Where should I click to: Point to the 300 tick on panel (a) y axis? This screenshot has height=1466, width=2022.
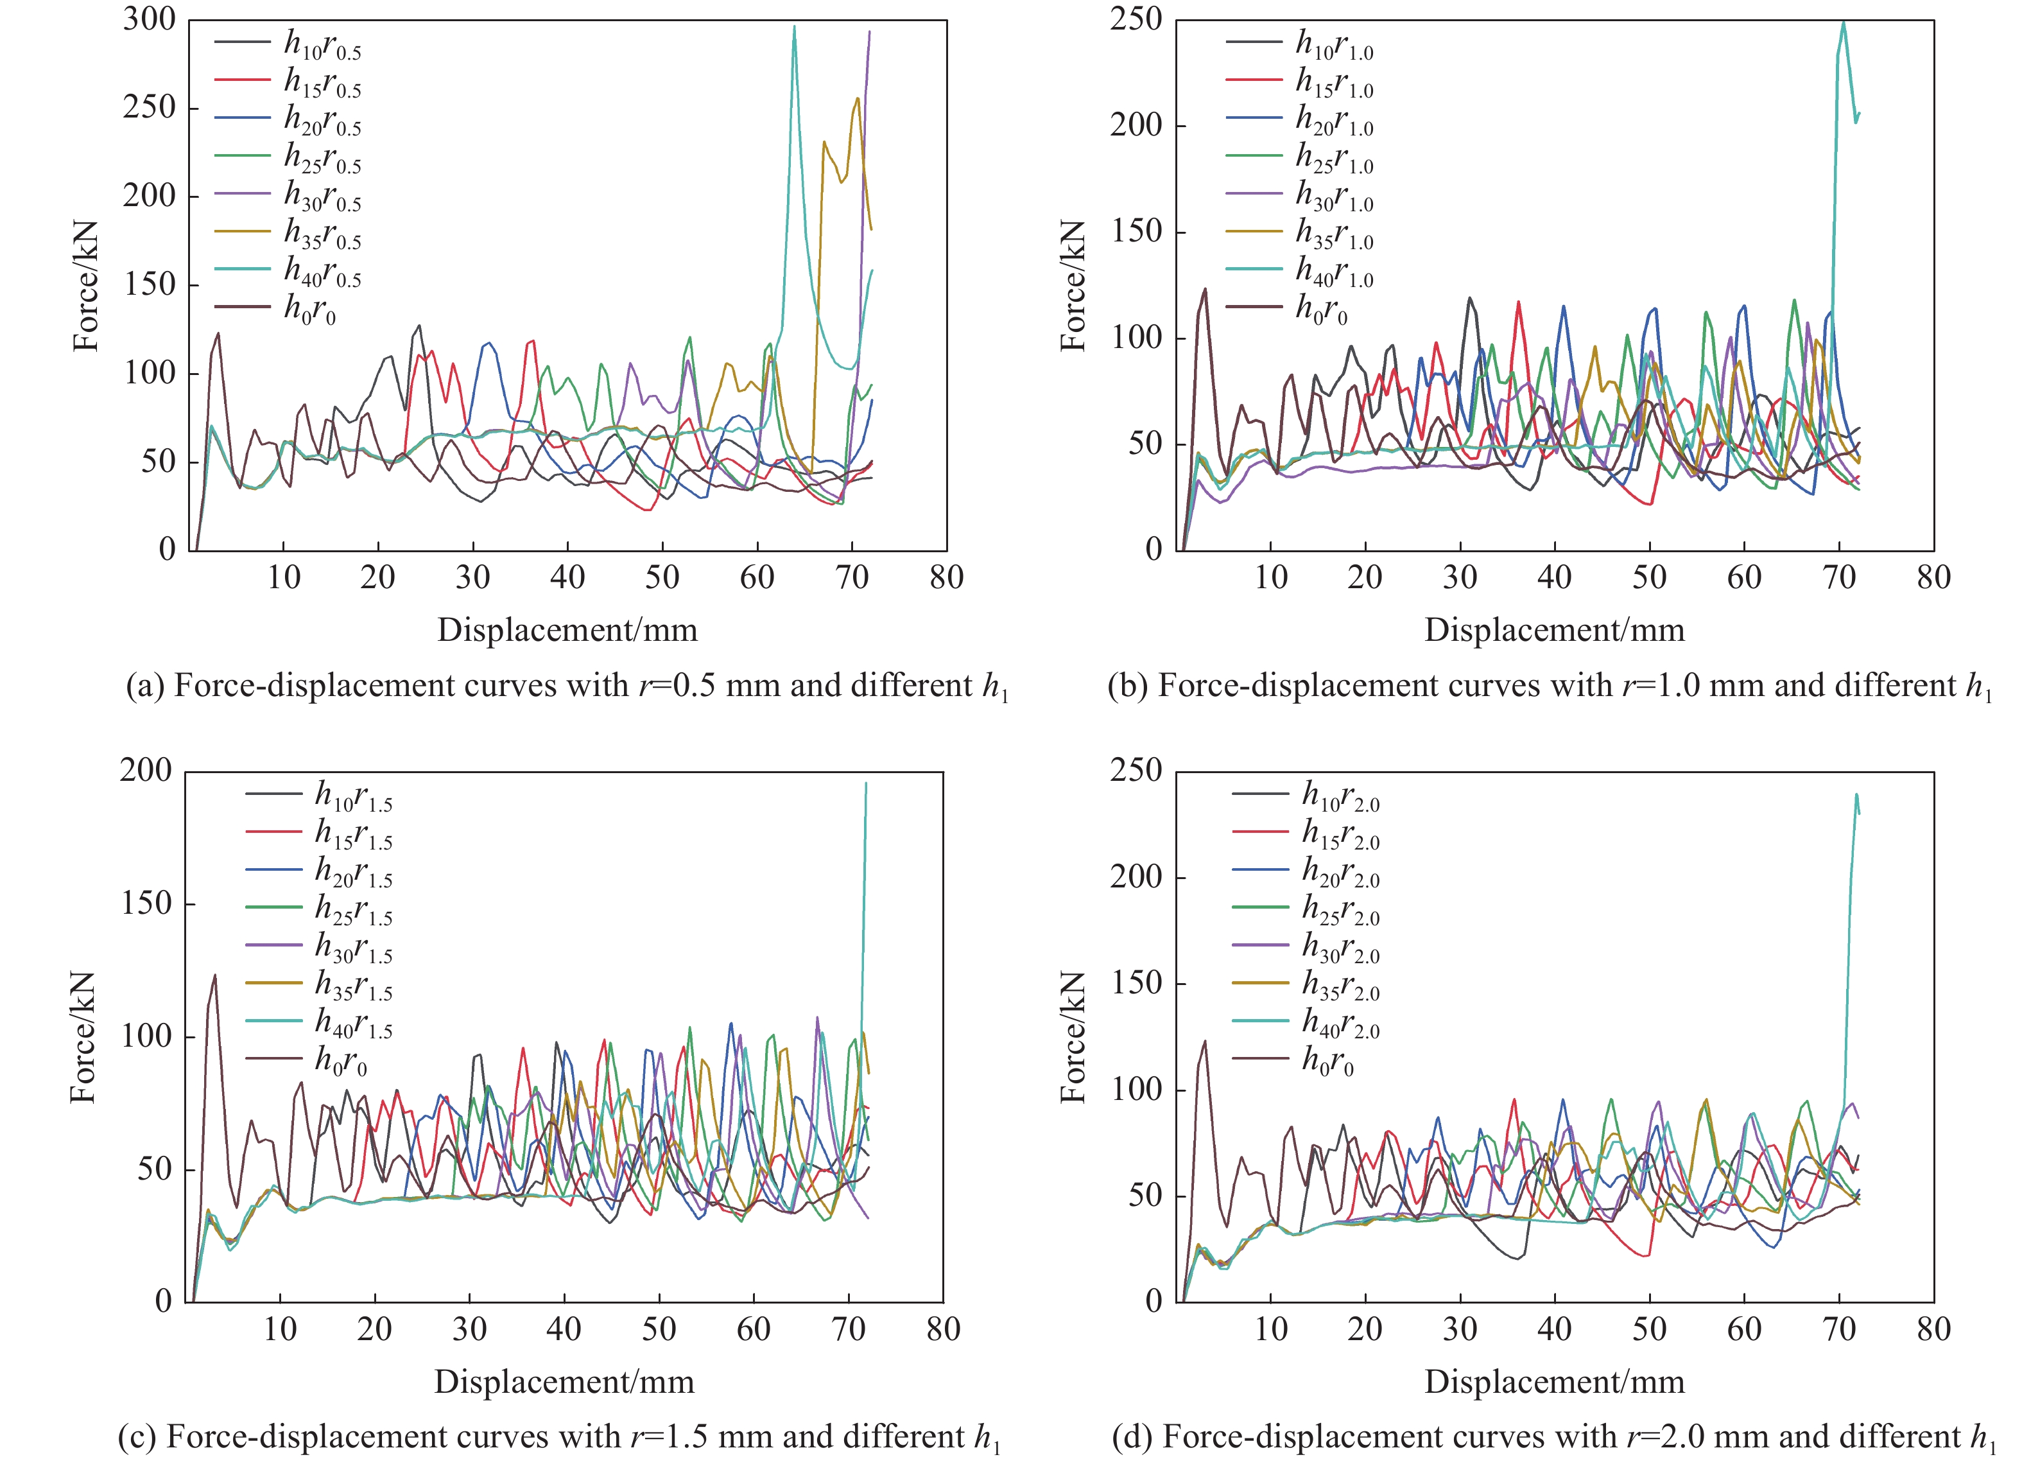(150, 20)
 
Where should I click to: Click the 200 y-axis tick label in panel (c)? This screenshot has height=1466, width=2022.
(146, 771)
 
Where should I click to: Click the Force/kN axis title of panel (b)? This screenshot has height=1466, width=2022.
(1073, 285)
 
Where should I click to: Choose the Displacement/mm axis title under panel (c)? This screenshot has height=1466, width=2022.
(564, 1382)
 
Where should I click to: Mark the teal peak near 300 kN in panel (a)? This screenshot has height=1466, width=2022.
(795, 27)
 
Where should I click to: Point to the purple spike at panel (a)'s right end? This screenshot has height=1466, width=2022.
(869, 32)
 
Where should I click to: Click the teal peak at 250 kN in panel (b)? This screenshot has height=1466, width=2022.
(1844, 23)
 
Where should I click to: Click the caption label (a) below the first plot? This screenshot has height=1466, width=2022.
(144, 686)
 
